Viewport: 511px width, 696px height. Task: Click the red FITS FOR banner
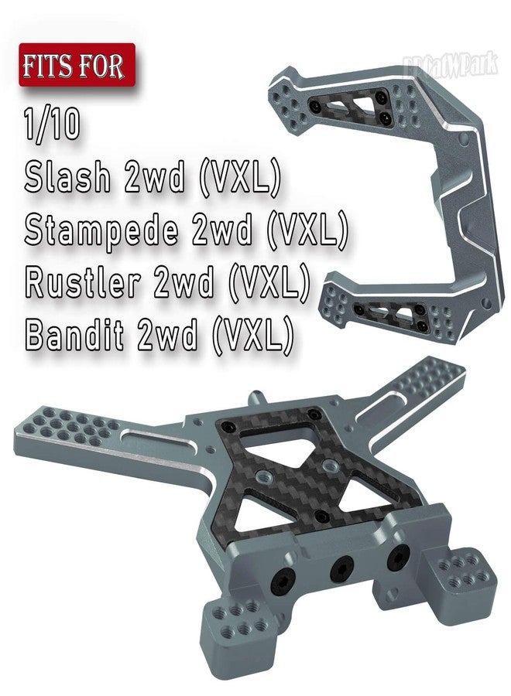click(x=77, y=65)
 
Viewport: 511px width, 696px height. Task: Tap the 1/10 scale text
click(x=53, y=125)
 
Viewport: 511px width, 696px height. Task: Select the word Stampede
click(x=101, y=230)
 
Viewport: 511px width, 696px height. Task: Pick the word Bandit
click(x=74, y=334)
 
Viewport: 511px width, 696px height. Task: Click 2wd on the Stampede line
click(x=222, y=230)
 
